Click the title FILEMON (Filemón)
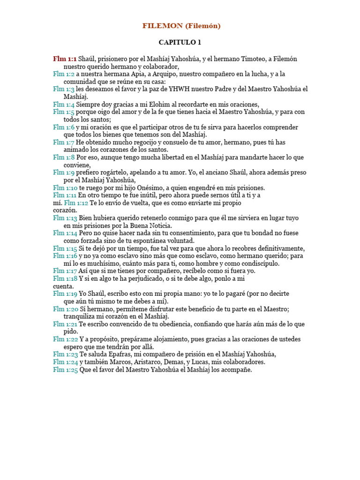click(x=181, y=26)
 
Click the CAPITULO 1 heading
click(x=180, y=42)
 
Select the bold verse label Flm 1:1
click(x=65, y=59)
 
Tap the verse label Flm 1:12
click(x=76, y=202)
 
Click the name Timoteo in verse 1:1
click(x=255, y=59)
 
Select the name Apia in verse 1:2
click(x=138, y=74)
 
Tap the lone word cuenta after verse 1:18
click(x=63, y=286)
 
